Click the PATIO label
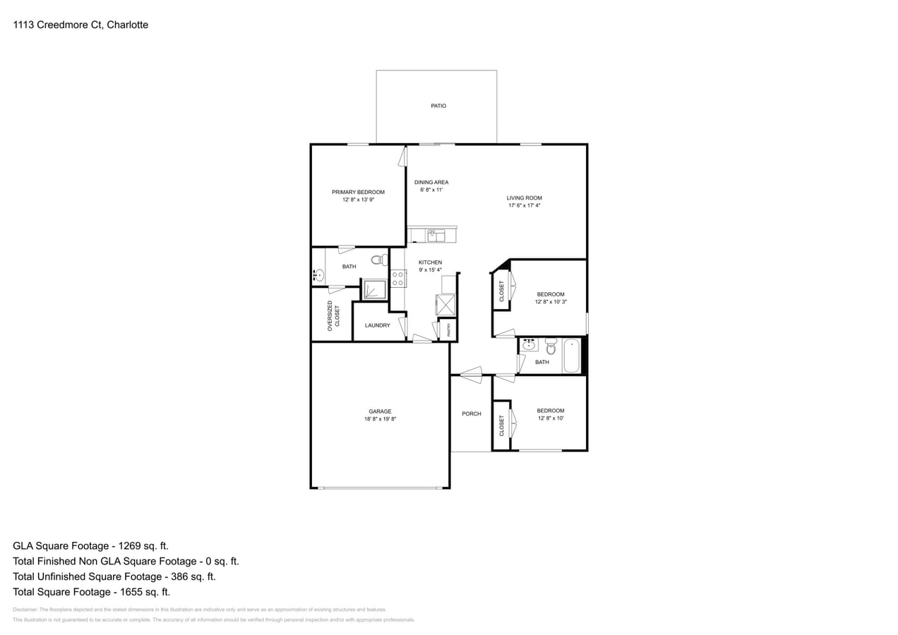(438, 106)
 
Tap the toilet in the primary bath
(378, 260)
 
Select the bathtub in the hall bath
(571, 356)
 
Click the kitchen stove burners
(398, 279)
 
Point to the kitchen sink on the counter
(436, 236)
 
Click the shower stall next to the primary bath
(375, 289)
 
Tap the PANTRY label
(448, 329)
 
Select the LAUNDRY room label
(377, 325)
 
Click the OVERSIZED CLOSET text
(333, 316)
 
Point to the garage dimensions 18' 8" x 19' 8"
(380, 419)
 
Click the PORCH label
(471, 413)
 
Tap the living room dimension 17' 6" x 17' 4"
(524, 206)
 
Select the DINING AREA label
(431, 182)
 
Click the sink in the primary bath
(318, 276)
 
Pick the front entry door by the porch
(471, 375)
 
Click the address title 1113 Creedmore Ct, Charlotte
(80, 25)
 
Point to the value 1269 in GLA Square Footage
(124, 545)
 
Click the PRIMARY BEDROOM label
(358, 192)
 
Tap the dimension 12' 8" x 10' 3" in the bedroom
(551, 302)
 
